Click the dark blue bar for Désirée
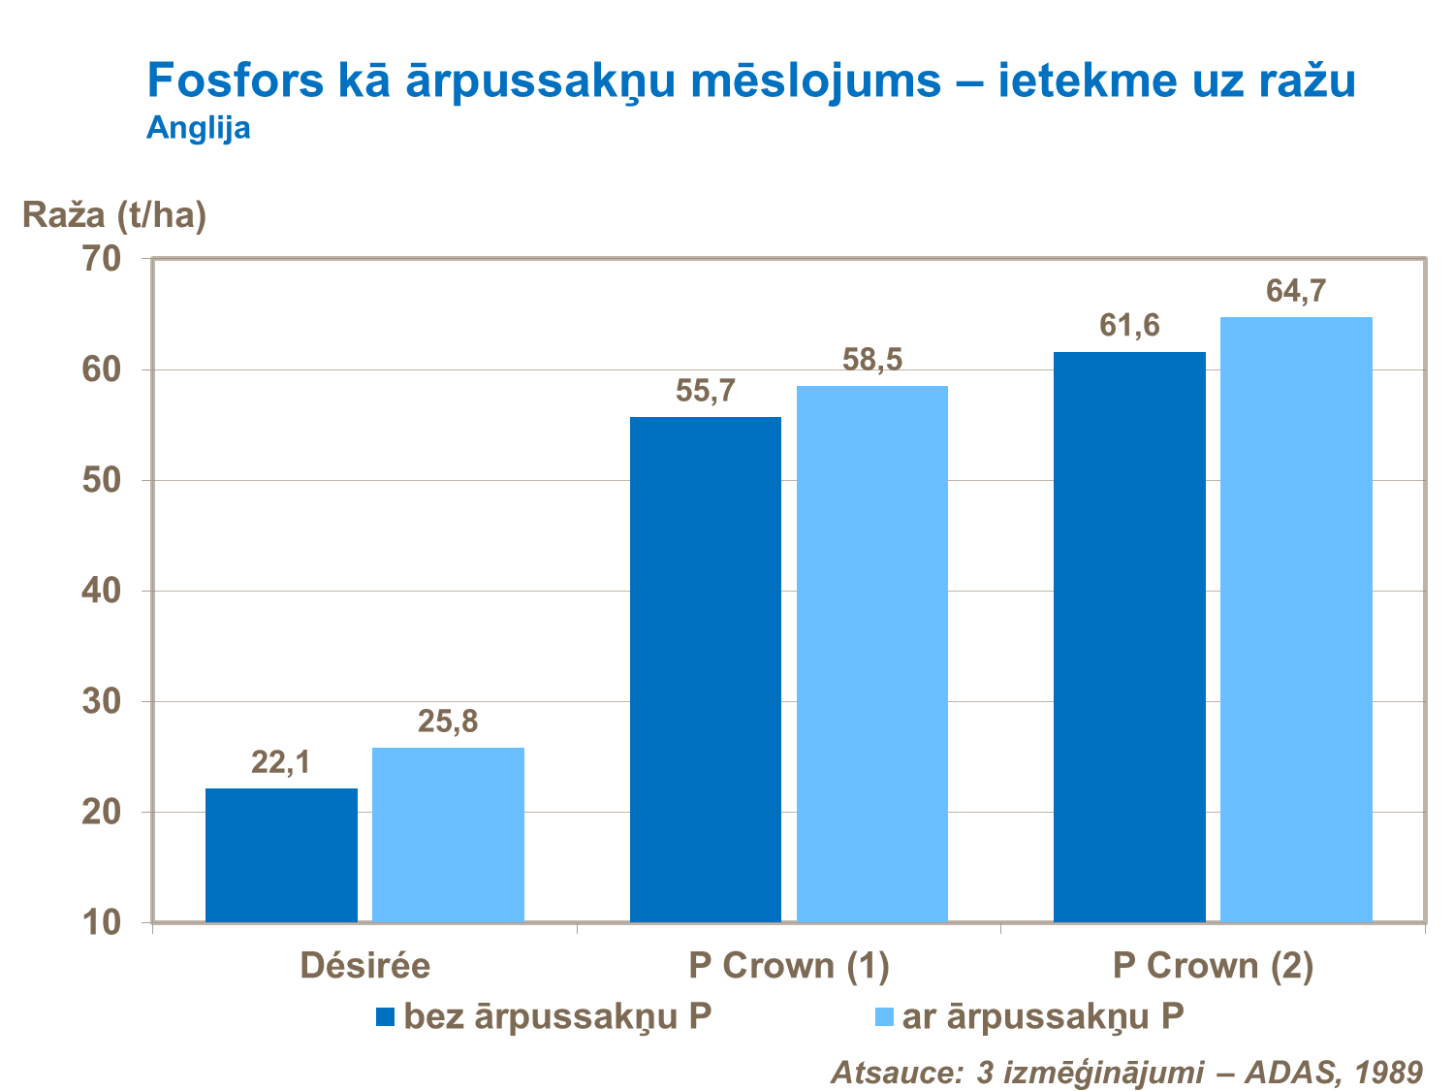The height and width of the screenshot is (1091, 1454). pos(281,854)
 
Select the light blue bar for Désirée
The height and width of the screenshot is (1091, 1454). pos(448,834)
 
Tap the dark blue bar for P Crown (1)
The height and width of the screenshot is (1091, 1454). pos(705,669)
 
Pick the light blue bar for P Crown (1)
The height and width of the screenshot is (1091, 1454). pos(871,654)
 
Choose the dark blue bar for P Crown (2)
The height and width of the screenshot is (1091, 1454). pos(1129,636)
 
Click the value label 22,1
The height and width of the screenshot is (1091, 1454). pos(281,763)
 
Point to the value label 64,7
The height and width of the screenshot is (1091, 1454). pos(1296,291)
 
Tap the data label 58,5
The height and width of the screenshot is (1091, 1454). pos(871,360)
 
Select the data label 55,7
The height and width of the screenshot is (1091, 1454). pos(706,392)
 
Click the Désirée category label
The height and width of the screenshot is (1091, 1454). pos(364,966)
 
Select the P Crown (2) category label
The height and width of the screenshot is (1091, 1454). pos(1213,966)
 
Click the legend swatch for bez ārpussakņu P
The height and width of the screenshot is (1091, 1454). pos(386,1017)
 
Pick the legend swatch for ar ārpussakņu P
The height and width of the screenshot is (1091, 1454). pos(884,1017)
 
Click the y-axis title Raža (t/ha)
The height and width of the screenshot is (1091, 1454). pos(114,215)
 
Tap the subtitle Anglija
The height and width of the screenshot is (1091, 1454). pos(199,128)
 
